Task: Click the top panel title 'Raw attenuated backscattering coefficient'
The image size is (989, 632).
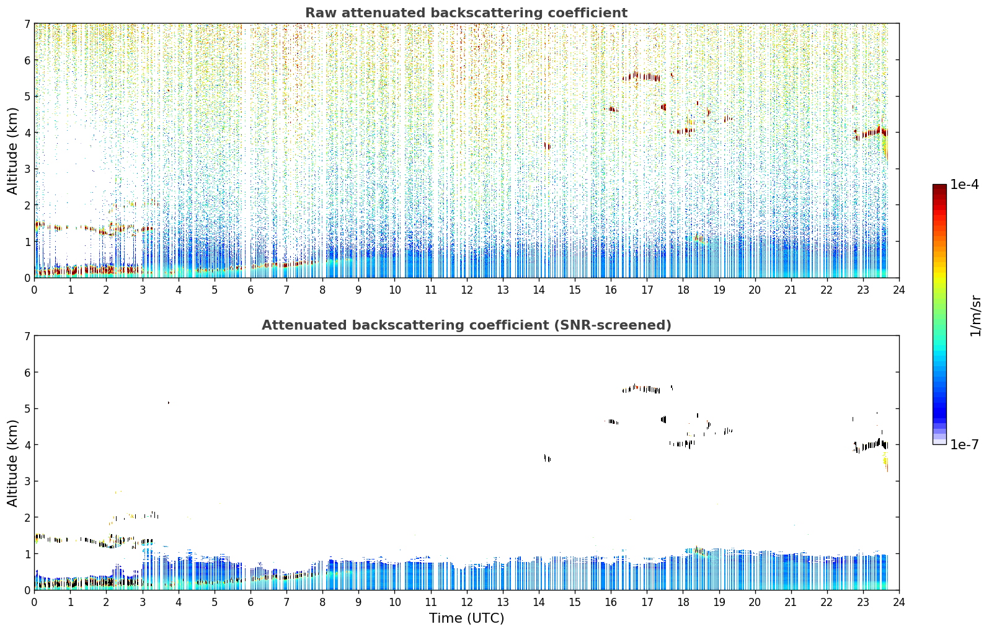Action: click(466, 13)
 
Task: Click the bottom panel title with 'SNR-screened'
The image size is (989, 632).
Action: click(466, 325)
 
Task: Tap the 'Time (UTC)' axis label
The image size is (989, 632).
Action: click(466, 618)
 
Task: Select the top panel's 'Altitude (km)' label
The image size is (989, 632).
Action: click(12, 151)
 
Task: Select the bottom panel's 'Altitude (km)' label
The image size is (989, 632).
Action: click(12, 463)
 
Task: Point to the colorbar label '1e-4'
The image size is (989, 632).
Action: click(964, 185)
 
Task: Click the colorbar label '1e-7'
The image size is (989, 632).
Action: click(964, 444)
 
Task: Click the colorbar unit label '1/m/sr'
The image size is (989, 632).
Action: click(975, 316)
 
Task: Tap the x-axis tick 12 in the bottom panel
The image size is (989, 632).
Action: click(467, 602)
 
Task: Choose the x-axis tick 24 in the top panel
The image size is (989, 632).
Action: click(899, 290)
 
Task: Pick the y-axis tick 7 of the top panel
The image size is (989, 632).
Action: click(27, 24)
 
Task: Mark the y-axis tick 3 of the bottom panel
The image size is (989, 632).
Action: click(27, 481)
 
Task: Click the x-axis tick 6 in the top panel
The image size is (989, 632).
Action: click(251, 290)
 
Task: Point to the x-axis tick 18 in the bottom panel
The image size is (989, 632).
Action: click(683, 602)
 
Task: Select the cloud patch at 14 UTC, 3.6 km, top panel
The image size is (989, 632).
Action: click(548, 146)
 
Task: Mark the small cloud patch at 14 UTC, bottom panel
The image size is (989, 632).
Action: click(548, 458)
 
